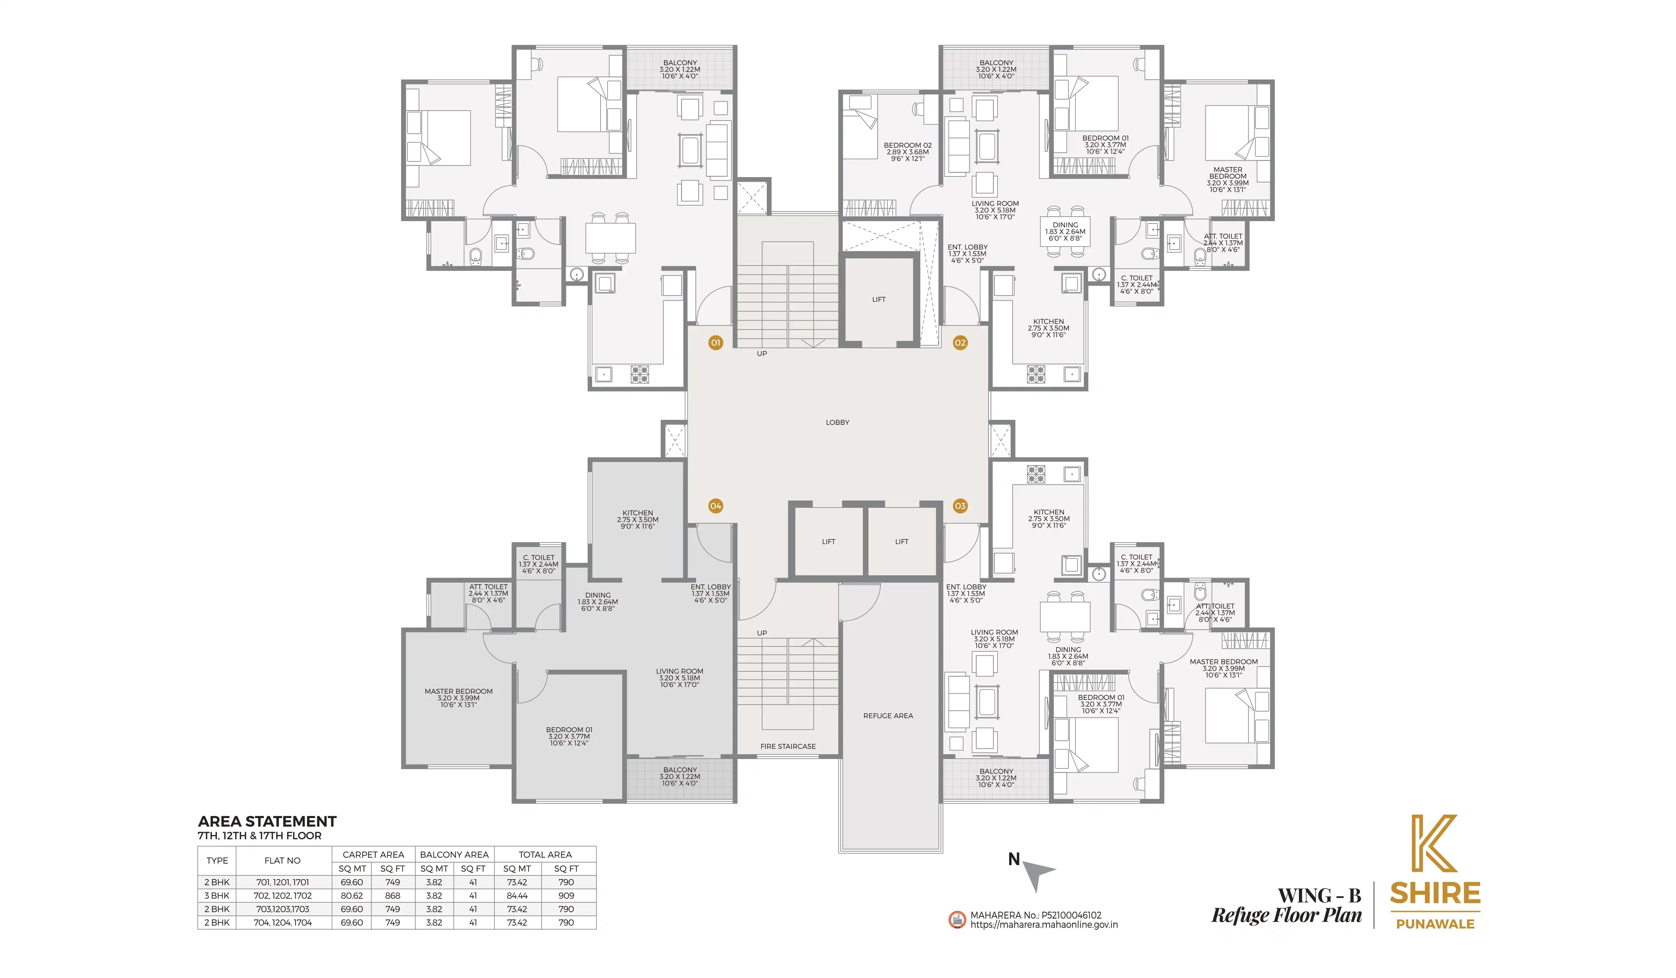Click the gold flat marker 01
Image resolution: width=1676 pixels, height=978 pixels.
(x=716, y=343)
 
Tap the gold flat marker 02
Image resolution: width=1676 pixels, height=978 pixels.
(x=960, y=343)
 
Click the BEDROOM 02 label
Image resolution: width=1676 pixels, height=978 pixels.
(x=908, y=145)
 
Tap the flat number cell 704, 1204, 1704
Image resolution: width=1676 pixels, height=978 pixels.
(x=283, y=922)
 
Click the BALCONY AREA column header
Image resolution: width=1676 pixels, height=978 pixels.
(x=454, y=854)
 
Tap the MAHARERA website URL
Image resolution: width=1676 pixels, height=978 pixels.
(x=1044, y=925)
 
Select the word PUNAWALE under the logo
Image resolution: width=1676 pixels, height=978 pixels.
(x=1435, y=924)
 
